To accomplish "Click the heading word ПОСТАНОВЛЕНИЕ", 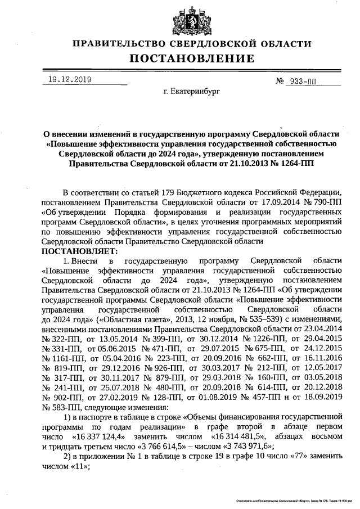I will click(192, 58).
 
